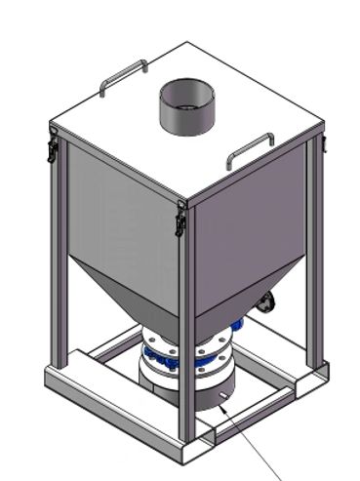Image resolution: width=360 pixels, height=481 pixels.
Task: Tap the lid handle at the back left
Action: click(123, 76)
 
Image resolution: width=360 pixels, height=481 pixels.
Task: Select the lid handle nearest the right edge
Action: click(251, 147)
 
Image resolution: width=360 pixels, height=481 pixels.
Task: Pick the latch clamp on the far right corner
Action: click(321, 143)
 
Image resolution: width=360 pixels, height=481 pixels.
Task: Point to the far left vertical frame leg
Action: click(59, 263)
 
